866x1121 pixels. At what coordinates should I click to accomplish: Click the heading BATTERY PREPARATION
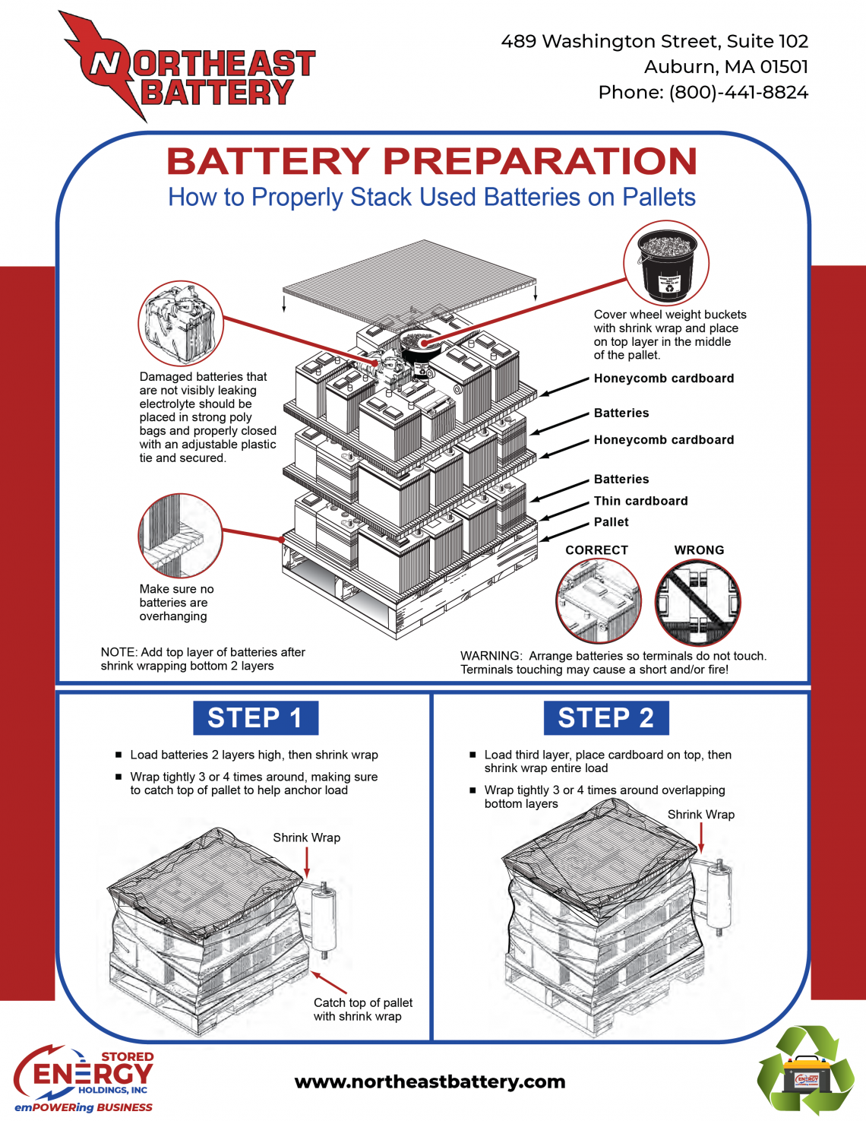tap(431, 161)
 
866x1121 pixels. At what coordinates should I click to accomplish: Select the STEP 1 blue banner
tap(255, 718)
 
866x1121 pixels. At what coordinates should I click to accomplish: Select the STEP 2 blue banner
tap(605, 718)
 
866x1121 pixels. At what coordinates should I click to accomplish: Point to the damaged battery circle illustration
tap(181, 324)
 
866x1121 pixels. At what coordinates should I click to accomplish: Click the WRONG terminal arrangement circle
tap(697, 603)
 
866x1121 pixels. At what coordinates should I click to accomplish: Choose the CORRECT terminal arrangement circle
tap(598, 601)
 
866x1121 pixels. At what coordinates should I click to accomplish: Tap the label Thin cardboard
tap(640, 501)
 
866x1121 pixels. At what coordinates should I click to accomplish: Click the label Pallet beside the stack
tap(611, 522)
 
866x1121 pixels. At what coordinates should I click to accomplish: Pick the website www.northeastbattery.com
tap(430, 1081)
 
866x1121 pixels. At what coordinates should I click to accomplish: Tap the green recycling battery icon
tap(806, 1071)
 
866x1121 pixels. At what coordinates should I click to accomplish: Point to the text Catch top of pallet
tap(363, 1003)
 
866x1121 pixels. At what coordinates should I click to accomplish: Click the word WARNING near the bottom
tap(491, 656)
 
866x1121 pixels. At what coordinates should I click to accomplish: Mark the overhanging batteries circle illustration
tap(181, 535)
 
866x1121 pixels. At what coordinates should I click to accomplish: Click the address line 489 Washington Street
tap(654, 42)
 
